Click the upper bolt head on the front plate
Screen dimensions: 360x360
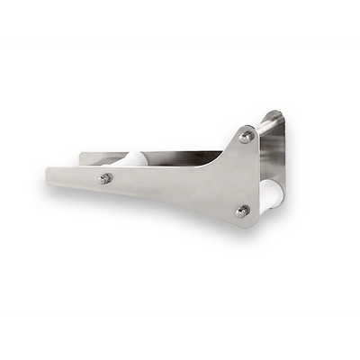tap(246, 137)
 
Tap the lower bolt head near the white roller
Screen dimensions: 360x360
tap(242, 211)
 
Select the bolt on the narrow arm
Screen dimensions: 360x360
tap(105, 179)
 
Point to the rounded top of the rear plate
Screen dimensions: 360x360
tap(275, 114)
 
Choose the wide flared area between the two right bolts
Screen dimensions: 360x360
tap(238, 175)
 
